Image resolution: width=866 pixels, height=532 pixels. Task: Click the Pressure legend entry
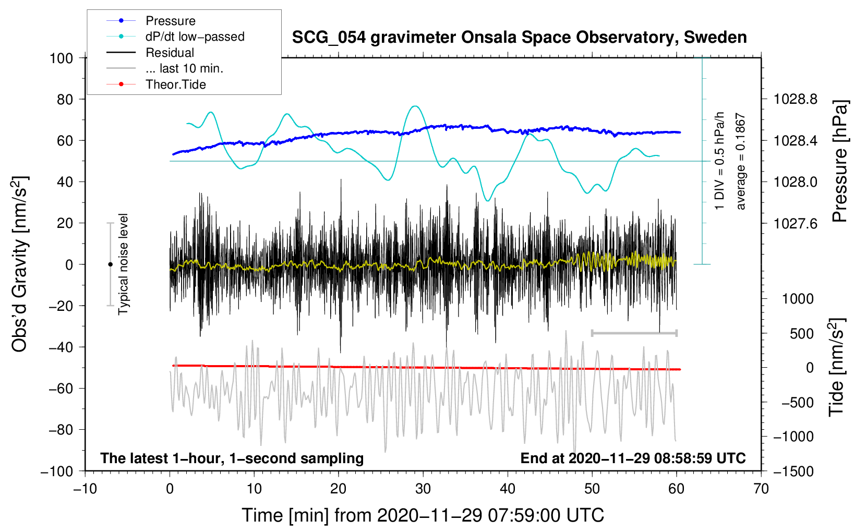pos(170,21)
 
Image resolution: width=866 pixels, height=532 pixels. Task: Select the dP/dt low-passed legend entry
pos(195,37)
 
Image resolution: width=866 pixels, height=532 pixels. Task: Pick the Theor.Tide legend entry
pos(175,84)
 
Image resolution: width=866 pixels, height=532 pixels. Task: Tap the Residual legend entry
pos(170,53)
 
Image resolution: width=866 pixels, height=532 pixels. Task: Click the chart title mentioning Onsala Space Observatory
pos(519,38)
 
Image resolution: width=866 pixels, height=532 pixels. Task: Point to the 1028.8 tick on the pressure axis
pos(795,99)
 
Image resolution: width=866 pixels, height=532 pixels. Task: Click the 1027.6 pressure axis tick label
pos(795,224)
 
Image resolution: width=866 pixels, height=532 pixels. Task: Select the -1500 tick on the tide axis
pos(793,471)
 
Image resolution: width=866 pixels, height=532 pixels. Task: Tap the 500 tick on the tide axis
pos(802,334)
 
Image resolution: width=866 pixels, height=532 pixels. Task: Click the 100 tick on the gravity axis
pos(61,58)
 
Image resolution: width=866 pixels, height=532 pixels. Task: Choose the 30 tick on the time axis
pos(423,489)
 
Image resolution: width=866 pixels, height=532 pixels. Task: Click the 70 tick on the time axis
pos(761,489)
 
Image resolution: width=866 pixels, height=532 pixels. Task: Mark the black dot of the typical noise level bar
pos(110,264)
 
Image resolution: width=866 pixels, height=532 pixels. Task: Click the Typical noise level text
pos(123,264)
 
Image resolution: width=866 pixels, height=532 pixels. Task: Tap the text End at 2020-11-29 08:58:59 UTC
pos(633,458)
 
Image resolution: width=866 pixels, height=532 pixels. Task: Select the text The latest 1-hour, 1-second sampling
pos(232,458)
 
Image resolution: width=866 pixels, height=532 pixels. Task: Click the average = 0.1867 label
pos(741,162)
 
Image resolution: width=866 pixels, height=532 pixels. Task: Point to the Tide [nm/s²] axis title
pos(837,368)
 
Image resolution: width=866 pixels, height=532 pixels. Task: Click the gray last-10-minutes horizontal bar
pos(634,333)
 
